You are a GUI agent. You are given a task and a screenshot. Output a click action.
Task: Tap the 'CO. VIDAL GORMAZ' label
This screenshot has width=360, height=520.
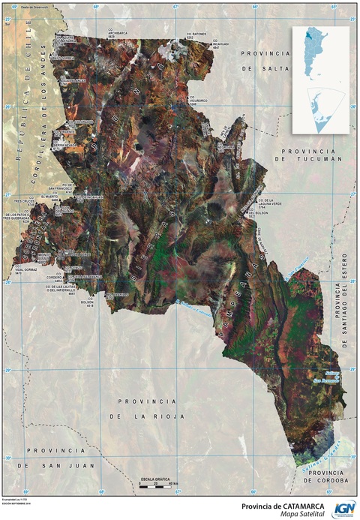pyautogui.click(x=25, y=270)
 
